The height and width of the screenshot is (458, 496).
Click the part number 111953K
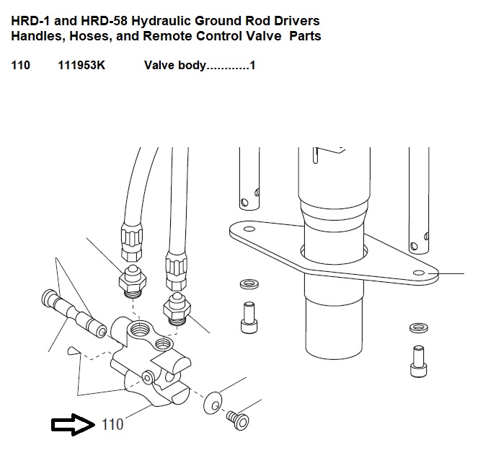[x=81, y=65]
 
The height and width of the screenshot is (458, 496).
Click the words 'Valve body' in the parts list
[x=175, y=66]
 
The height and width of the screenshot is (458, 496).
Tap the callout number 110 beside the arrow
[x=112, y=424]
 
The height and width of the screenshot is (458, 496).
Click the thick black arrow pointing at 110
[x=73, y=424]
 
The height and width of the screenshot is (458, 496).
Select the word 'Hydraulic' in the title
[x=161, y=21]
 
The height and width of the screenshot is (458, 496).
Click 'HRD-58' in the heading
[x=104, y=21]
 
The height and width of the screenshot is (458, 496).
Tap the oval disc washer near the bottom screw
[x=213, y=402]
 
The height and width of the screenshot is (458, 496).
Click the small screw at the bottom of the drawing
[x=238, y=420]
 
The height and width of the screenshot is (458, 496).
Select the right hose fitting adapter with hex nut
[x=177, y=309]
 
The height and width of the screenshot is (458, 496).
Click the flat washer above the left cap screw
[x=249, y=283]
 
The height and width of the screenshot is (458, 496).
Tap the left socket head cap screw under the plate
[x=249, y=317]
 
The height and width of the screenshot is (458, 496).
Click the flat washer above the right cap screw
[x=419, y=328]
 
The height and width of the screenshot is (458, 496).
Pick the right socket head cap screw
[x=418, y=361]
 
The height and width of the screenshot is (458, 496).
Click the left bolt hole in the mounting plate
[x=249, y=229]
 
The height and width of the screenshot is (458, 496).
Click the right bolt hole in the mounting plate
[x=420, y=273]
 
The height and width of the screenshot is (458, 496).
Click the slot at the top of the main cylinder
[x=315, y=156]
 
